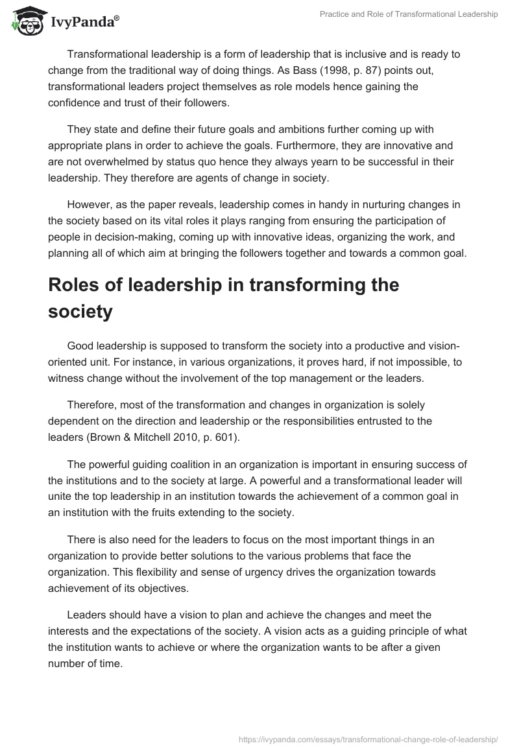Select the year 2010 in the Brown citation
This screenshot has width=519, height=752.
click(172, 437)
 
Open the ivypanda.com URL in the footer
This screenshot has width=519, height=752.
click(368, 737)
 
